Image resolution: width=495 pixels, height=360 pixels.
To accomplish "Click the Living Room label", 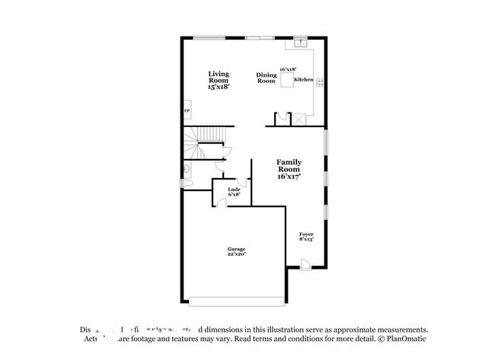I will pos(219,79).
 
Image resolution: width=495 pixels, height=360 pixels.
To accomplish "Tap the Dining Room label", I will pos(266,78).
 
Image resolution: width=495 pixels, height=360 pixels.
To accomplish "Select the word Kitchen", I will pos(303,80).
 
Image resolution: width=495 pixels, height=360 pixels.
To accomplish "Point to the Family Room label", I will pos(289,168).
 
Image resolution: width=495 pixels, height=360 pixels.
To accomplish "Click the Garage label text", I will pos(235,249).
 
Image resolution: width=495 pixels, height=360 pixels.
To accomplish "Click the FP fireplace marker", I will pos(186,112).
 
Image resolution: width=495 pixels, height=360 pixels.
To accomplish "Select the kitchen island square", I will pos(286,81).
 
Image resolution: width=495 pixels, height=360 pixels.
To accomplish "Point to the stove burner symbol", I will pos(320,81).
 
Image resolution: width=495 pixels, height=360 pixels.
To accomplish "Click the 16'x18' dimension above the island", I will pos(287,69).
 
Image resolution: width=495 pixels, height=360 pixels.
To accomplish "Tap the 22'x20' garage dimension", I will pos(235,254).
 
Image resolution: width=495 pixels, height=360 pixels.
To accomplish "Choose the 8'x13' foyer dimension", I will pos(306,239).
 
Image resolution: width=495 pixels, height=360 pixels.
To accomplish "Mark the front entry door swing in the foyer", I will pos(305,263).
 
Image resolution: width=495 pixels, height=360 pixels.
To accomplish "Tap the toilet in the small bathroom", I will pos(186,169).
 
